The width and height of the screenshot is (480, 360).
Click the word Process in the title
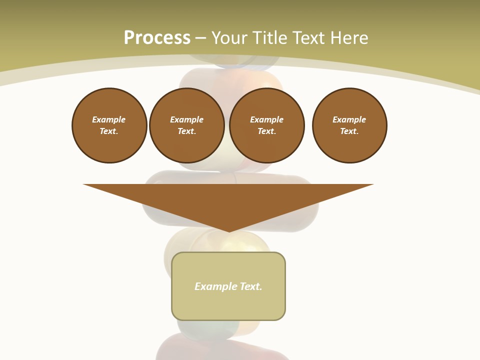pos(157,38)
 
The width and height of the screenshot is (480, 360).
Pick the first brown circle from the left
pos(109,125)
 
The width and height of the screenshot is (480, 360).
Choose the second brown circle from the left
pos(187,125)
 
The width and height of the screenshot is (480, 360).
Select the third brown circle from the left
pos(267,125)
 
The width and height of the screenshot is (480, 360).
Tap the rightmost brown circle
pos(349,125)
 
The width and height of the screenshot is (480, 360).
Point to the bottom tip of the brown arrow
pos(229,230)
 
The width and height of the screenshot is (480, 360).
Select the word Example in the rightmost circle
pos(349,119)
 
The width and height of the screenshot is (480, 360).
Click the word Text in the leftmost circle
pos(108,131)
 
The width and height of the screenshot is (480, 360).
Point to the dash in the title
pos(200,38)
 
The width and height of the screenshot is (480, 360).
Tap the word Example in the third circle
pos(267,119)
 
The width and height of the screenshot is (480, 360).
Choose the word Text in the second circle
pos(186,131)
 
